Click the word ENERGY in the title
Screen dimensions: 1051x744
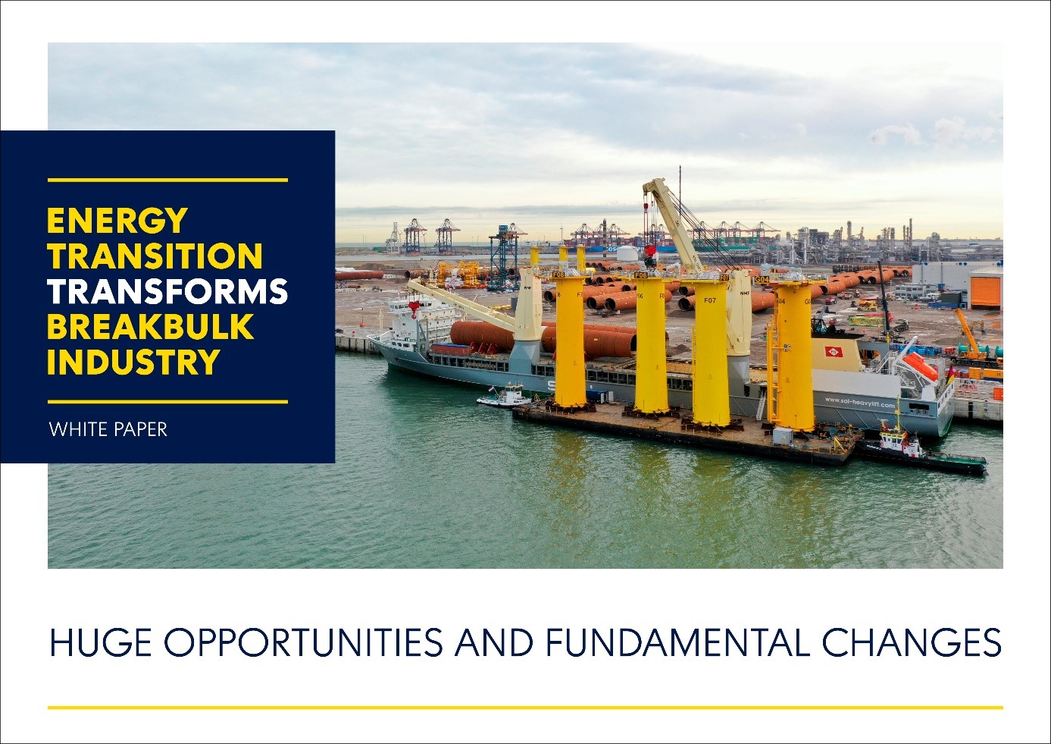point(117,220)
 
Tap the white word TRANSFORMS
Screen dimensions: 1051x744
point(167,291)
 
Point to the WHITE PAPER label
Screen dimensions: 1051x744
point(108,429)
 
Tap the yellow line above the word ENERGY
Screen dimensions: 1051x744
point(167,180)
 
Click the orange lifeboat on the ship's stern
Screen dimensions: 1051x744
point(920,367)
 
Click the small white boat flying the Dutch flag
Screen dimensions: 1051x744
point(502,397)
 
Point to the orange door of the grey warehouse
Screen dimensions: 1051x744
point(985,292)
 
